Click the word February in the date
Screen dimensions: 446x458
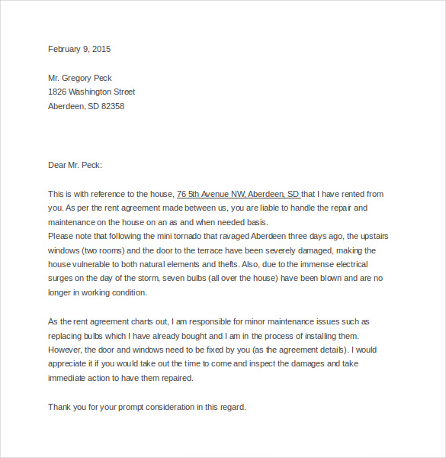[64, 49]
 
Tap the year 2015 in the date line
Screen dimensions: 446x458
[101, 49]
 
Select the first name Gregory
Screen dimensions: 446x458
[79, 78]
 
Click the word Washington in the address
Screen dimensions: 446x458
[91, 92]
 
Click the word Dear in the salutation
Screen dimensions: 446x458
[57, 165]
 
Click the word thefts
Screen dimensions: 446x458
[238, 264]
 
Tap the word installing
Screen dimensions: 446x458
[335, 336]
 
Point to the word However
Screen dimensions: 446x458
[66, 350]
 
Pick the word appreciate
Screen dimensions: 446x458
[69, 364]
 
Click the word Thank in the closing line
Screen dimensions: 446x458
[59, 407]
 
